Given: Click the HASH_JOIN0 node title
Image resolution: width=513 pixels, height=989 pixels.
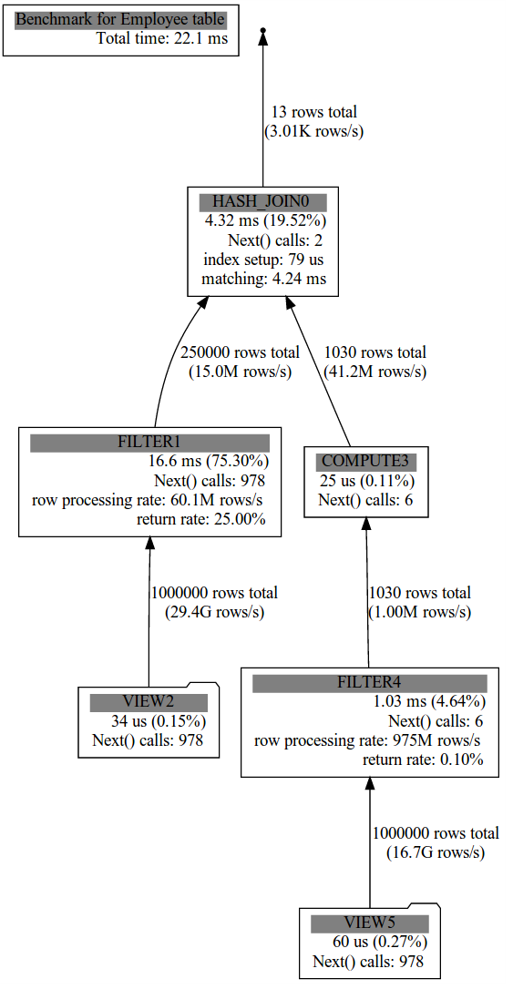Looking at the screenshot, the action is [x=263, y=202].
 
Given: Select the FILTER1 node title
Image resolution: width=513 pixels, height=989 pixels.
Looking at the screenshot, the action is [x=149, y=443].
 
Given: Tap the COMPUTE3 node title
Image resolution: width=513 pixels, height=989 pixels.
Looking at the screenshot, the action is [x=366, y=462].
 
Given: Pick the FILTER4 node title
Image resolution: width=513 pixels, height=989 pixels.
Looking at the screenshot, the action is [x=370, y=683].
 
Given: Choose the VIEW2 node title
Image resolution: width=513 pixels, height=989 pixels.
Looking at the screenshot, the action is [x=149, y=703].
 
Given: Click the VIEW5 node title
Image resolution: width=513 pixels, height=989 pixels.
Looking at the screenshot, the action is [x=370, y=924].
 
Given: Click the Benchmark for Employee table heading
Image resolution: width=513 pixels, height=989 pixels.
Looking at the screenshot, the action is [x=120, y=19].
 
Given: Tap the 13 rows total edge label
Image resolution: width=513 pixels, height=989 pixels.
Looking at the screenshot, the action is [x=313, y=112].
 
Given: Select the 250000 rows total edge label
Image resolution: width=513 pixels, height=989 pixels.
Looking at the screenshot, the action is [x=240, y=352].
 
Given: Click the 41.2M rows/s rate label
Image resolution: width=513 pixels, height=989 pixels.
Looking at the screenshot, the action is [x=374, y=372].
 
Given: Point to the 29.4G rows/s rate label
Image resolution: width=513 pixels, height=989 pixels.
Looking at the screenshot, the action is [x=214, y=613].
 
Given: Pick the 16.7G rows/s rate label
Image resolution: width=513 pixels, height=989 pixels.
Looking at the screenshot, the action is [x=436, y=853].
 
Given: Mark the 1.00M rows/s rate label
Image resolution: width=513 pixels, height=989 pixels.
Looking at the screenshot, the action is [x=420, y=613].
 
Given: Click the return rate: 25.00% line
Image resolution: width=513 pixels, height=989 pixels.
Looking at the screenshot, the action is [x=200, y=520].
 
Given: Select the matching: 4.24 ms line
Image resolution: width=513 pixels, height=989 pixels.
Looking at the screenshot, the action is [x=263, y=279].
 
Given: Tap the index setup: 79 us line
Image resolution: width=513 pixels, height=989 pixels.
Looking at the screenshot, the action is [x=263, y=260].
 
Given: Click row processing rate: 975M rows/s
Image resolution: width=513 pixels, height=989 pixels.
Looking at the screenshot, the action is [x=368, y=741].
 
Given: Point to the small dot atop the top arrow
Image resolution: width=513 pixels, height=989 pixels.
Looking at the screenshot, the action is [x=263, y=30].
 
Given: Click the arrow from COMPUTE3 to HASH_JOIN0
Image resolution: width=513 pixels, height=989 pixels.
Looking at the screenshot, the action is [x=319, y=371].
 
